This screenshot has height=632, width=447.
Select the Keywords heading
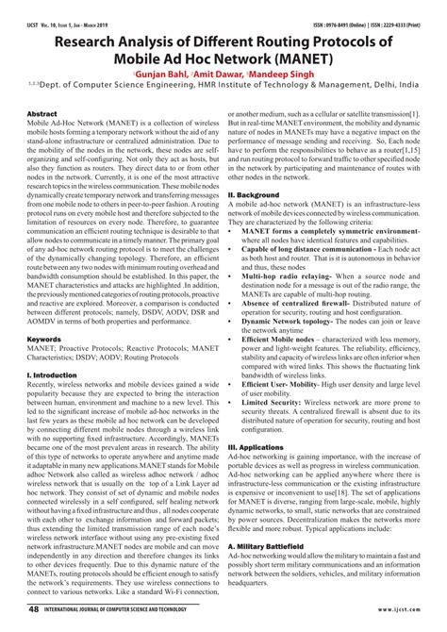[x=45, y=338]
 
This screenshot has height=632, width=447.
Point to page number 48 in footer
[x=34, y=611]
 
